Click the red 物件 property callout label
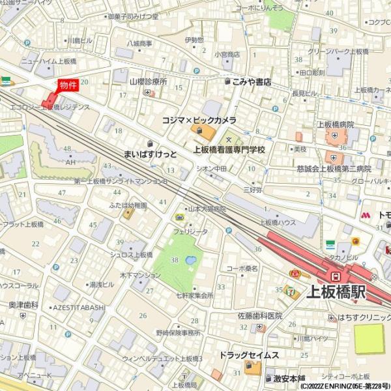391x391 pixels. (x=68, y=85)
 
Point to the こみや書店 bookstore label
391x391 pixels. (x=252, y=82)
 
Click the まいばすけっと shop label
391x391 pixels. (x=150, y=154)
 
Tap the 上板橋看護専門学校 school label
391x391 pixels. (x=229, y=149)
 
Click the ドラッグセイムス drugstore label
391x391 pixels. (x=249, y=355)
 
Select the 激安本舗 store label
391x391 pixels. (x=289, y=378)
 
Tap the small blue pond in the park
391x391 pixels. (x=190, y=261)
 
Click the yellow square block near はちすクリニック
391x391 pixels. (x=369, y=339)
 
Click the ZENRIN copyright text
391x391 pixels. (x=345, y=386)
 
